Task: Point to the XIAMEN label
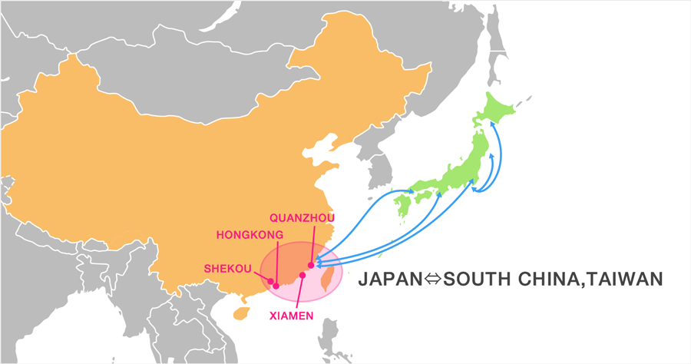point(289,315)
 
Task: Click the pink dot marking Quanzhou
point(310,266)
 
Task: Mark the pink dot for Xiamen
point(303,275)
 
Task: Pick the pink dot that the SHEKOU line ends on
point(269,281)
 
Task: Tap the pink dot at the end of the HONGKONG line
point(276,285)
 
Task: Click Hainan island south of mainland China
point(240,313)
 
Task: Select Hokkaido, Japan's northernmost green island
point(498,111)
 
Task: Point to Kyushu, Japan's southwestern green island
point(404,204)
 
